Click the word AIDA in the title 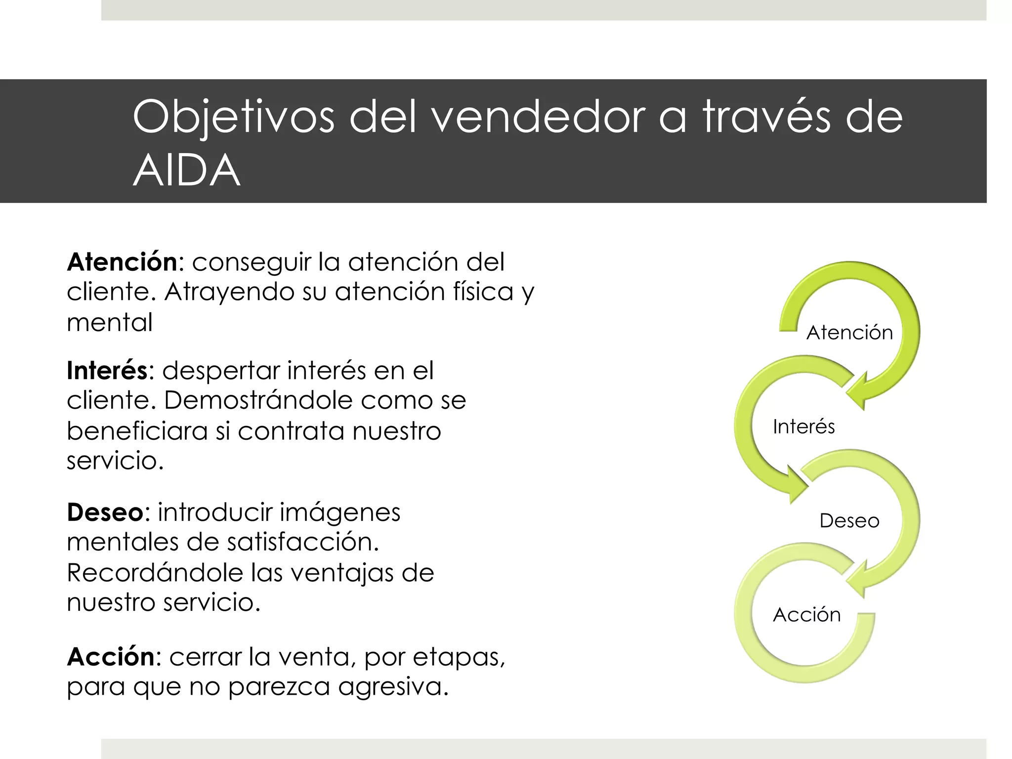pyautogui.click(x=186, y=170)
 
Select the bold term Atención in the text pyautogui.click(x=122, y=262)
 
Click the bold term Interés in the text pyautogui.click(x=107, y=371)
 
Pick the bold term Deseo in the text pyautogui.click(x=105, y=512)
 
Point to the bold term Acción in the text pyautogui.click(x=111, y=657)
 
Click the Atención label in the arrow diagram pyautogui.click(x=849, y=333)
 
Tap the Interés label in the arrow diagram pyautogui.click(x=803, y=427)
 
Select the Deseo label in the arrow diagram pyautogui.click(x=849, y=521)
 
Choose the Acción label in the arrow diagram pyautogui.click(x=806, y=615)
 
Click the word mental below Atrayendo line pyautogui.click(x=110, y=323)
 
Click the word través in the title pyautogui.click(x=767, y=118)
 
